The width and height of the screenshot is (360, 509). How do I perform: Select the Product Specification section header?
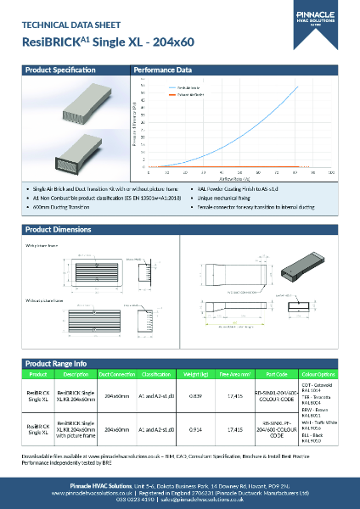click(56, 70)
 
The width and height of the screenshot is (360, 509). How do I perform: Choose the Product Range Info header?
click(56, 363)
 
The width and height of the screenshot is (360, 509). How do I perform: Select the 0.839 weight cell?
click(195, 395)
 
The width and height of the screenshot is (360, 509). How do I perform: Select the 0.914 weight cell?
click(195, 430)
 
